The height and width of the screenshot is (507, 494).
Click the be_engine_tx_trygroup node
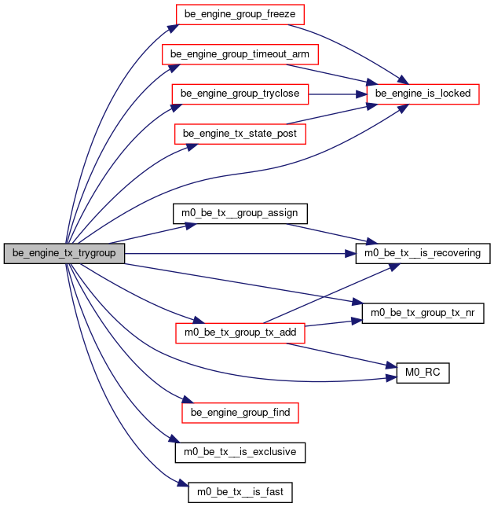pyautogui.click(x=64, y=253)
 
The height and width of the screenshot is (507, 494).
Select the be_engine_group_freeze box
pyautogui.click(x=240, y=15)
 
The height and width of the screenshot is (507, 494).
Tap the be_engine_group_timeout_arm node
pyautogui.click(x=240, y=54)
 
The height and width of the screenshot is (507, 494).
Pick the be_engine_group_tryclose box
pyautogui.click(x=240, y=94)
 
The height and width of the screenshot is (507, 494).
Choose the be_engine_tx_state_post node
pyautogui.click(x=240, y=134)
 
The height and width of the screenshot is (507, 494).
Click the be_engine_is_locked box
pyautogui.click(x=423, y=94)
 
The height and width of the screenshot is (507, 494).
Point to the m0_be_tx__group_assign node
pyautogui.click(x=240, y=214)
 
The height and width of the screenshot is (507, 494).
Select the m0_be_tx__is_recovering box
pyautogui.click(x=423, y=253)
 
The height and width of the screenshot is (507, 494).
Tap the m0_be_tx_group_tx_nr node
pyautogui.click(x=423, y=313)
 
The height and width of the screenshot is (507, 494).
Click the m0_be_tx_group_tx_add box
pyautogui.click(x=240, y=333)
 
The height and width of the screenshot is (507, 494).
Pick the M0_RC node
pyautogui.click(x=423, y=373)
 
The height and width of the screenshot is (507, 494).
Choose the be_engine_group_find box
pyautogui.click(x=240, y=413)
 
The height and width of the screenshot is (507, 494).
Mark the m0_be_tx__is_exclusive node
pyautogui.click(x=240, y=452)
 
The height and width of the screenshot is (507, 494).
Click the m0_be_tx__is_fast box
pyautogui.click(x=240, y=492)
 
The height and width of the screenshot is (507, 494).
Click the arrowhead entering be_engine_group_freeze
pyautogui.click(x=173, y=28)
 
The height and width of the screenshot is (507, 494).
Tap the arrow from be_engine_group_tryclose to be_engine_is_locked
pyautogui.click(x=338, y=94)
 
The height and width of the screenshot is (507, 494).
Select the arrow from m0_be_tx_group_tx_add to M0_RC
pyautogui.click(x=342, y=355)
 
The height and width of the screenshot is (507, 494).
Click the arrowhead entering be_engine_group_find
pyautogui.click(x=188, y=399)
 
